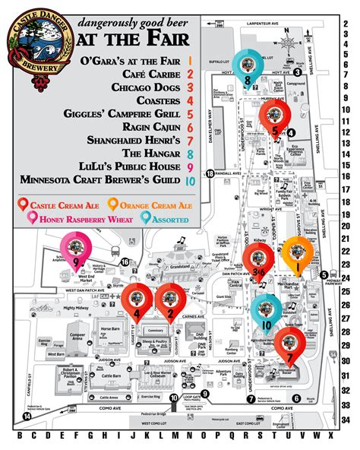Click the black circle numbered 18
210,174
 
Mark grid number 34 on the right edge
346,419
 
